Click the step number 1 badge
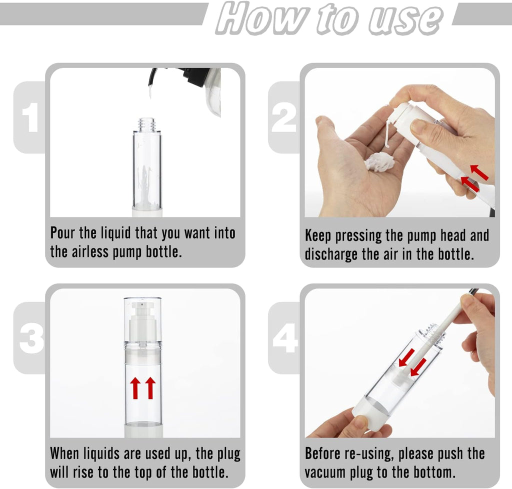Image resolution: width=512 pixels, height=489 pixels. tap(30, 118)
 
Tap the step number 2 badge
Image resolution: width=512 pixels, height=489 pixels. tap(283, 118)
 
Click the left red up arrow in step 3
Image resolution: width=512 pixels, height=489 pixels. tap(135, 388)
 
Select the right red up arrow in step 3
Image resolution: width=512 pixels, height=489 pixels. tap(150, 388)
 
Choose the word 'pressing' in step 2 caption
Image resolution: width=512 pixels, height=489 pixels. tap(362, 235)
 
